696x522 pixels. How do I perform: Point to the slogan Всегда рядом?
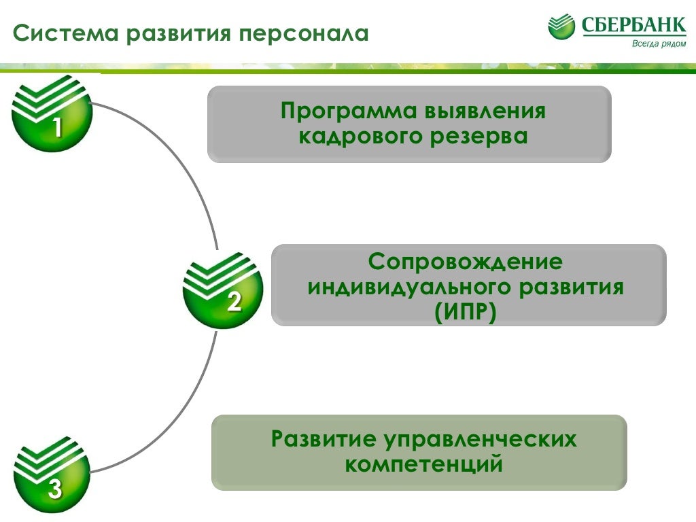pyautogui.click(x=659, y=44)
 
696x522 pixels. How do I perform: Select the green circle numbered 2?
pyautogui.click(x=223, y=289)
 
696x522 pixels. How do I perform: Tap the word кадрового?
pyautogui.click(x=360, y=136)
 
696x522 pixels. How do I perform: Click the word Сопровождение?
pyautogui.click(x=466, y=261)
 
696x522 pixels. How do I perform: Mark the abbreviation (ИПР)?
pyautogui.click(x=466, y=311)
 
